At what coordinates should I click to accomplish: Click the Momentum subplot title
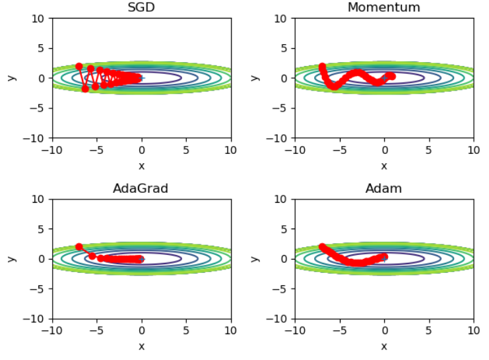pyautogui.click(x=383, y=7)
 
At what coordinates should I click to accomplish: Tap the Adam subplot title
pyautogui.click(x=383, y=188)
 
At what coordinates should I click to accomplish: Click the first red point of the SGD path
pyautogui.click(x=79, y=66)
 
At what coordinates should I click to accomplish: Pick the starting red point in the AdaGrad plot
pyautogui.click(x=79, y=247)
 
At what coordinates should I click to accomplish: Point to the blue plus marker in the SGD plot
pyautogui.click(x=141, y=78)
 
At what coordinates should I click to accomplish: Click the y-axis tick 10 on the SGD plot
pyautogui.click(x=38, y=18)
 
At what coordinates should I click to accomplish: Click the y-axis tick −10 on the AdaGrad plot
pyautogui.click(x=36, y=319)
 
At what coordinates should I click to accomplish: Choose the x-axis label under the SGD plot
pyautogui.click(x=141, y=165)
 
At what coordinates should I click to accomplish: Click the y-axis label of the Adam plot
pyautogui.click(x=255, y=258)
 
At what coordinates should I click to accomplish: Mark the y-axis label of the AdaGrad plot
pyautogui.click(x=12, y=258)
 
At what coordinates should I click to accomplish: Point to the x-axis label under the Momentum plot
pyautogui.click(x=383, y=165)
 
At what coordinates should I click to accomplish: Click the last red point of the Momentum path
pyautogui.click(x=391, y=76)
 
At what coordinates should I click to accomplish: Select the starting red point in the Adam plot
pyautogui.click(x=322, y=247)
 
